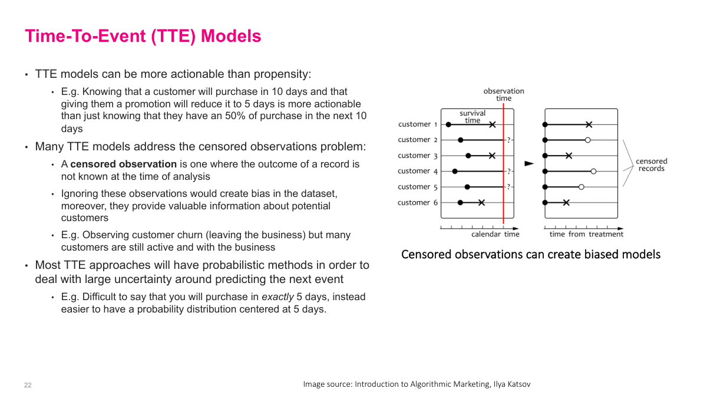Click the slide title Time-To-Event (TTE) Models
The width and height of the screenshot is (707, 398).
pyautogui.click(x=143, y=36)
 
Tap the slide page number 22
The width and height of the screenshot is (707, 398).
pyautogui.click(x=28, y=385)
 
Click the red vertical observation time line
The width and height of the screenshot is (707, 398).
pyautogui.click(x=503, y=177)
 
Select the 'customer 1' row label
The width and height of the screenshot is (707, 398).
pyautogui.click(x=418, y=124)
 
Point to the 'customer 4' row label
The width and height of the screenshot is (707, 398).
pyautogui.click(x=418, y=171)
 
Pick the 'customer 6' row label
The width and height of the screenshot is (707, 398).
pyautogui.click(x=418, y=203)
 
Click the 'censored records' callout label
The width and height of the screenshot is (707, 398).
pyautogui.click(x=651, y=165)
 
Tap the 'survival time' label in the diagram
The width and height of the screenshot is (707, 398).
pyautogui.click(x=473, y=117)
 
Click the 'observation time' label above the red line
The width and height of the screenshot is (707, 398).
pyautogui.click(x=504, y=94)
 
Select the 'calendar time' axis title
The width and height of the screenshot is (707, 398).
pyautogui.click(x=495, y=234)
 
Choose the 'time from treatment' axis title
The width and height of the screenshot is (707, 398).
pyautogui.click(x=586, y=234)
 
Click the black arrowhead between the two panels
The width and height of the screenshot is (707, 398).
pyautogui.click(x=529, y=163)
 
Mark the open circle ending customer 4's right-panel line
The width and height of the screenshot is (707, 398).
pyautogui.click(x=593, y=171)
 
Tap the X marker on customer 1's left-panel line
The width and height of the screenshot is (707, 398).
pyautogui.click(x=493, y=124)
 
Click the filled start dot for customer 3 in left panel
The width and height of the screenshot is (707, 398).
pyautogui.click(x=468, y=156)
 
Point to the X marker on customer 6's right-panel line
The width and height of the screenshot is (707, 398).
pyautogui.click(x=566, y=203)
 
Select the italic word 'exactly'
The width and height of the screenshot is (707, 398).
pyautogui.click(x=277, y=297)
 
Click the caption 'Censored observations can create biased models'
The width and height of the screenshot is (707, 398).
pyautogui.click(x=530, y=254)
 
